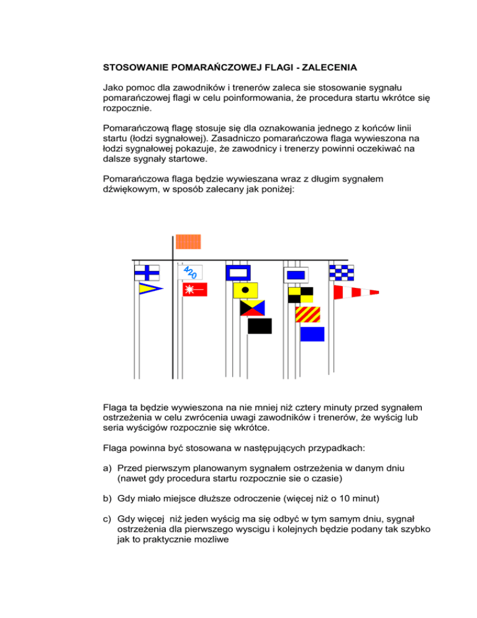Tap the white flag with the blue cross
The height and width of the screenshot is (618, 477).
click(147, 272)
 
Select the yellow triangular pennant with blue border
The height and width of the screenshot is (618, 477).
click(150, 288)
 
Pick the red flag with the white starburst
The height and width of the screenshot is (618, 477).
click(194, 289)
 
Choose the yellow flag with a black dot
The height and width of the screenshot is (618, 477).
click(245, 290)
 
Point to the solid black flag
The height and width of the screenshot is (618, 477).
click(260, 326)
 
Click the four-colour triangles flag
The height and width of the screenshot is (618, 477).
click(252, 308)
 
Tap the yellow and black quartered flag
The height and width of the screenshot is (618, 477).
click(301, 295)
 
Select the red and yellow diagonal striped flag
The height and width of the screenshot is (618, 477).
click(307, 315)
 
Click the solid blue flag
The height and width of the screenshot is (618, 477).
click(312, 334)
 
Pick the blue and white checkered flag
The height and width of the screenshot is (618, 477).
click(341, 272)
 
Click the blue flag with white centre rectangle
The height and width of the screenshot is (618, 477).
click(237, 272)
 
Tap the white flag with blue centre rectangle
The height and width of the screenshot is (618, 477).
click(296, 274)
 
